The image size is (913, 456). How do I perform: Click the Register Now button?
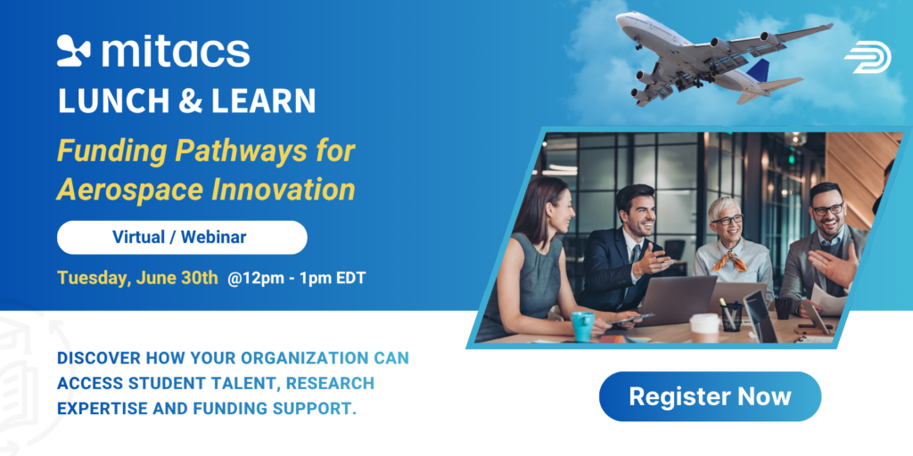pyautogui.click(x=710, y=396)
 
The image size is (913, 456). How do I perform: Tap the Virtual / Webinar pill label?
pyautogui.click(x=182, y=237)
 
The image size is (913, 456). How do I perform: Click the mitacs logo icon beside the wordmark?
pyautogui.click(x=74, y=51)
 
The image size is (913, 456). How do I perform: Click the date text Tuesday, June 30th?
pyautogui.click(x=137, y=278)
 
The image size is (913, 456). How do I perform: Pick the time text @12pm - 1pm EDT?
pyautogui.click(x=296, y=278)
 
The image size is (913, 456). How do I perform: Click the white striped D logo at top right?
pyautogui.click(x=868, y=57)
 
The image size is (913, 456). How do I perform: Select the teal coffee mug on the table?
pyautogui.click(x=583, y=326)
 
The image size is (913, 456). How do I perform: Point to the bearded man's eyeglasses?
pyautogui.click(x=827, y=209)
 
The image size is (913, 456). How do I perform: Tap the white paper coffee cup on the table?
pyautogui.click(x=704, y=328)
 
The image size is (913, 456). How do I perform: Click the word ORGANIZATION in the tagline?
pyautogui.click(x=305, y=358)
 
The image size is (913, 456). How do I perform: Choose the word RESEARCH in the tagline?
pyautogui.click(x=330, y=383)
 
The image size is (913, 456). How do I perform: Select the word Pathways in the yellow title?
pyautogui.click(x=241, y=151)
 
